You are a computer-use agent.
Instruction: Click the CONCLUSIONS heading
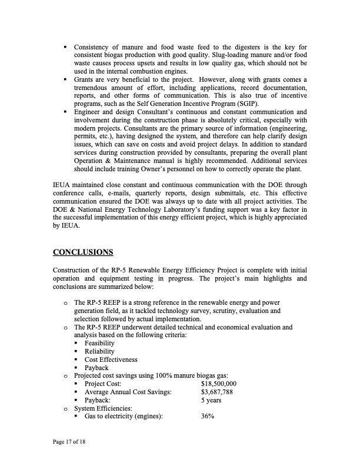83,252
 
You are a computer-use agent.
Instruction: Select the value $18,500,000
218,384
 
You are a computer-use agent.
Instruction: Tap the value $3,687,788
216,392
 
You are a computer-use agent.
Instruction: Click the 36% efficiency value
207,416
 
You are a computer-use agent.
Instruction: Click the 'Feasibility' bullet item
99,343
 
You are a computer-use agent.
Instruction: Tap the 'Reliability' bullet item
99,351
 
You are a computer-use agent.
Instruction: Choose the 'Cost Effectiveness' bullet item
111,360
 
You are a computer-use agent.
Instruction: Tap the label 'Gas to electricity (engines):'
124,416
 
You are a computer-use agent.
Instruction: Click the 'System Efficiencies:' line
103,408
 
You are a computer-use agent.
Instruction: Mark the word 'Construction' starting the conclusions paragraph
72,270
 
